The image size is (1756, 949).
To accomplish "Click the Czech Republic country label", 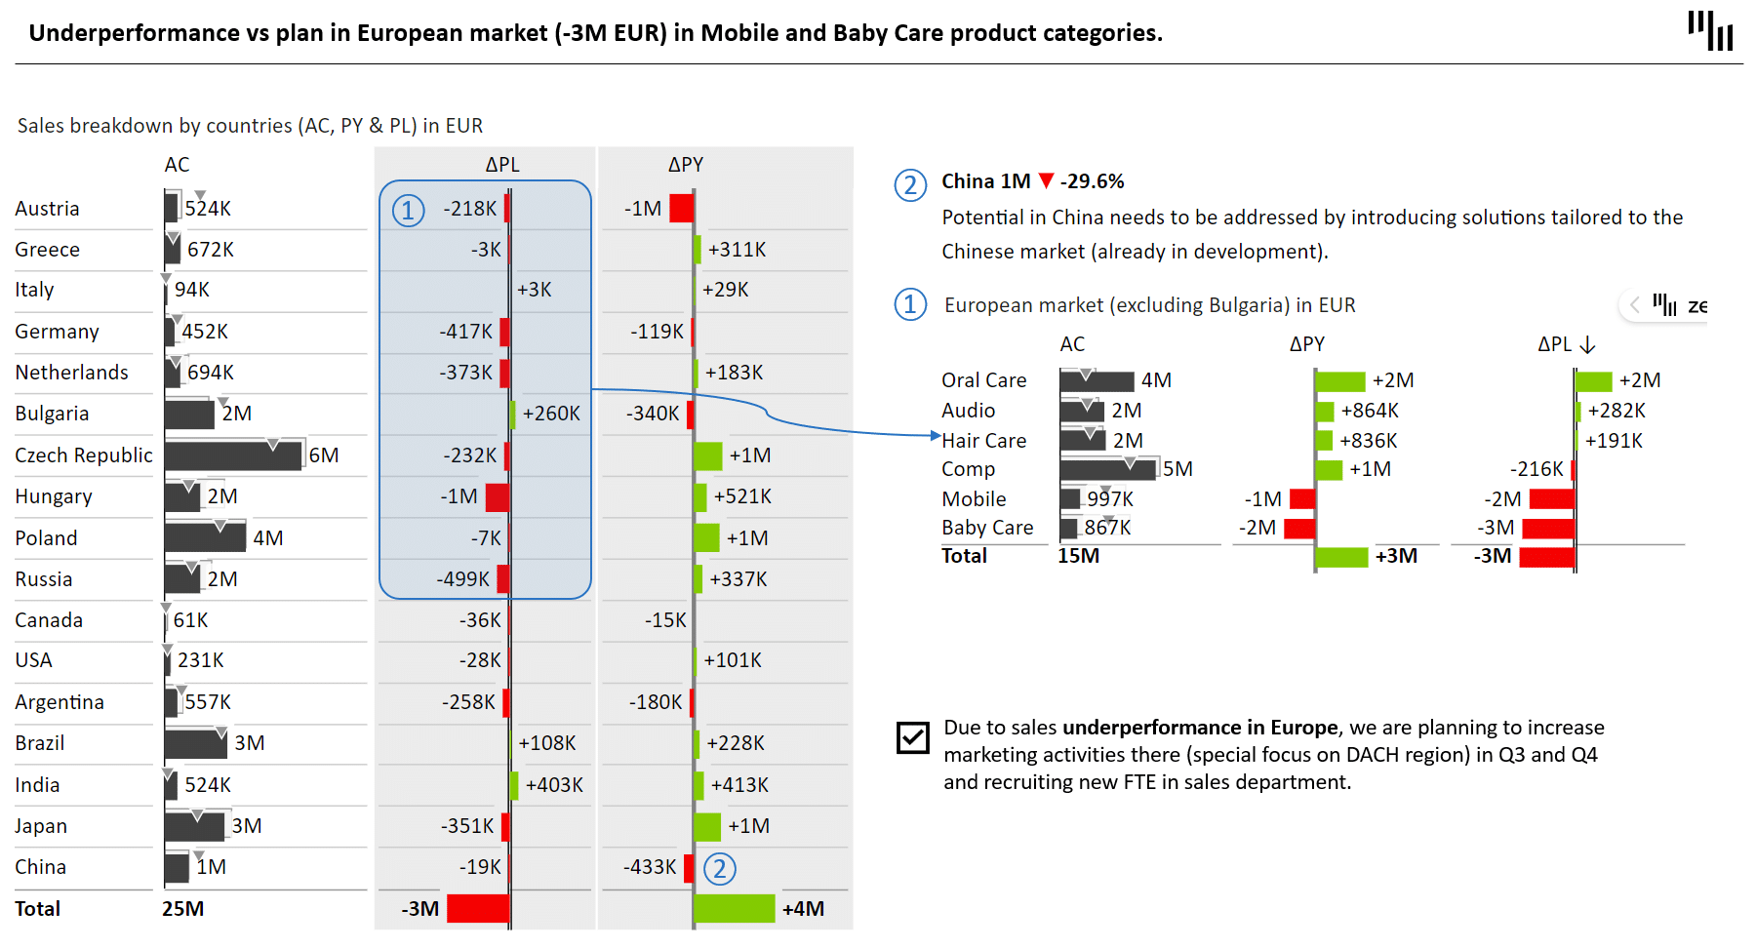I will [84, 455].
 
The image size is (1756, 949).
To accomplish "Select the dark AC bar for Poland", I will [205, 538].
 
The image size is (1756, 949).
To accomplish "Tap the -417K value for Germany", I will [466, 332].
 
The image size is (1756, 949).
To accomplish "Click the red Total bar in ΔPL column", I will [478, 909].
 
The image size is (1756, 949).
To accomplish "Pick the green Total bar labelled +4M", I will [735, 909].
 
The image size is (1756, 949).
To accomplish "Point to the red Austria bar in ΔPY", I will [682, 209].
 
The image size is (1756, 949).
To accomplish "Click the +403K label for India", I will [554, 785].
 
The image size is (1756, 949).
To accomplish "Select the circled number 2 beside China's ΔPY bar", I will [720, 868].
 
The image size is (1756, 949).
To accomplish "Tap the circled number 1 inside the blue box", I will [408, 210].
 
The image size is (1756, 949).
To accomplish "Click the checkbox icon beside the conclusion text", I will [913, 737].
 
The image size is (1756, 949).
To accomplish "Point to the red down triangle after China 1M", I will [1047, 181].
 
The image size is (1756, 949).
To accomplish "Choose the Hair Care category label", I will [983, 441].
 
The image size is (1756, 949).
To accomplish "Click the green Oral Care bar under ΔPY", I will [1340, 381].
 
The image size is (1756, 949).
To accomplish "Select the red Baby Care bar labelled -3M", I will [1548, 529].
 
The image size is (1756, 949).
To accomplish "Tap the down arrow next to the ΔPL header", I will [1587, 345].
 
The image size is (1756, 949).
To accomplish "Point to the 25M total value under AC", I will [182, 909].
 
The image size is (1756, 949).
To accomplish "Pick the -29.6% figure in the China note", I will [1093, 181].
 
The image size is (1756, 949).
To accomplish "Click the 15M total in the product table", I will [1078, 556].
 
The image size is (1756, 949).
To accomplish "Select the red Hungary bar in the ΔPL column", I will [498, 497].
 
